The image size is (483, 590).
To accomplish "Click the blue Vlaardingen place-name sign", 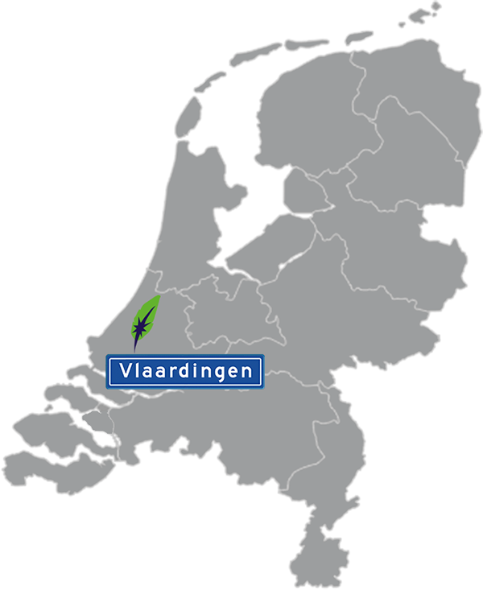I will coord(186,371).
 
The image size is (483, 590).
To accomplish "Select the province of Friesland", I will coord(306,121).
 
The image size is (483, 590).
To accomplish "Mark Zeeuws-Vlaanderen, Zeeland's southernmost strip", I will coord(48,471).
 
